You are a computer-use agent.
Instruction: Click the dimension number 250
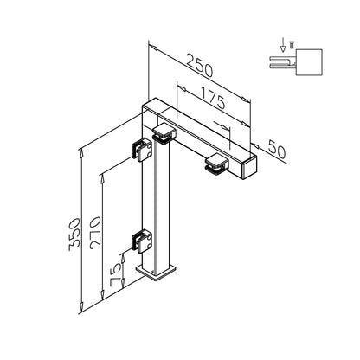199,66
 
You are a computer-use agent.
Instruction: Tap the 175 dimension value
212,98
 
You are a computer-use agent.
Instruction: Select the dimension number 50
277,149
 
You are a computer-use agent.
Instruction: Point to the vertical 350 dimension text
74,235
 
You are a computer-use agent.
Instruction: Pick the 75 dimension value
116,275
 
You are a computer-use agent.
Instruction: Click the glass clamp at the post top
164,134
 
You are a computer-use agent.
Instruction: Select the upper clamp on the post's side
142,150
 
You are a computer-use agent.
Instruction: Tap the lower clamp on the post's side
142,241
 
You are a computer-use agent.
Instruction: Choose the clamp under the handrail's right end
217,164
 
